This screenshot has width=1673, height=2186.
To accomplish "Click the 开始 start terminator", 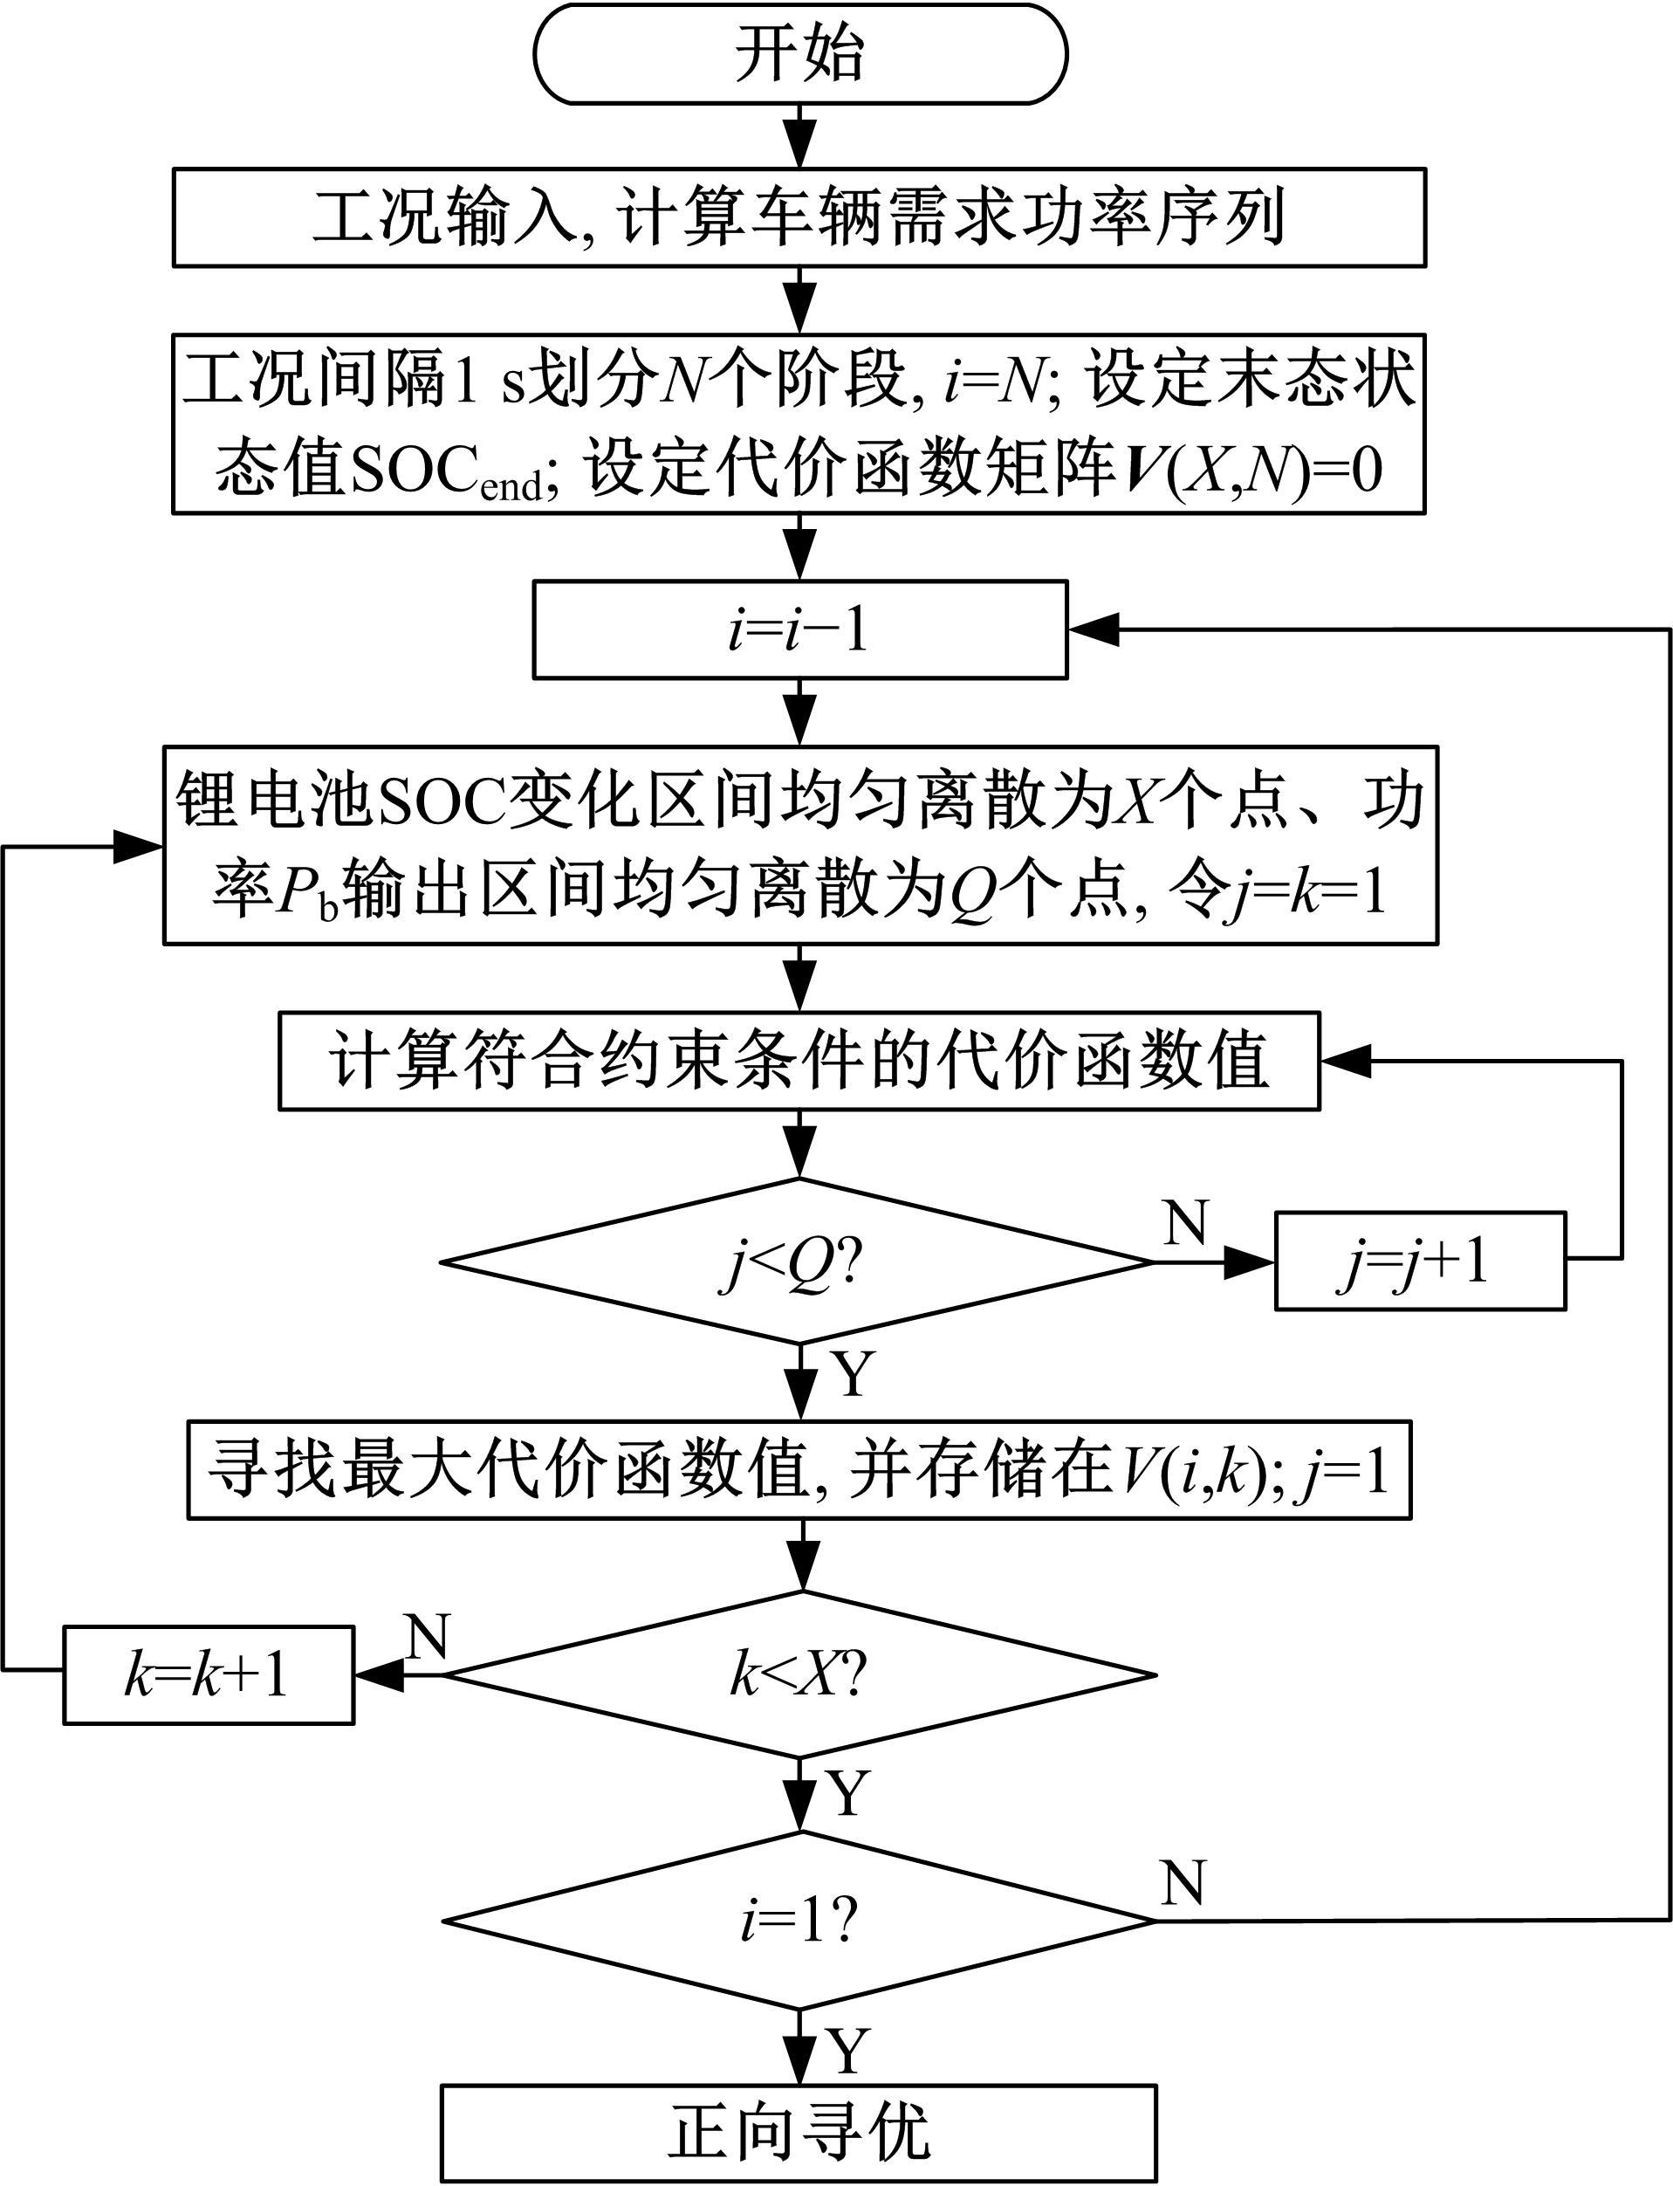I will tap(799, 54).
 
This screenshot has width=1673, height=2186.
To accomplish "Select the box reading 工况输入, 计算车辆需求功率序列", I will tap(799, 217).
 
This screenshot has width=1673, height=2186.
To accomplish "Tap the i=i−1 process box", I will tap(799, 629).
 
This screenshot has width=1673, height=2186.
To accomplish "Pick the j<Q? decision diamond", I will tap(797, 1261).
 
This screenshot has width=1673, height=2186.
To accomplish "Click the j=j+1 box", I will tap(1420, 1261).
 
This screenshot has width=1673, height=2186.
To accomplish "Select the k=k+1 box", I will tap(208, 1675).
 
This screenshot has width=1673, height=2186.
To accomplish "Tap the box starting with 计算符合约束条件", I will tap(799, 1062).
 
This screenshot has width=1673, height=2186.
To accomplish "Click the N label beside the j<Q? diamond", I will tap(1185, 1222).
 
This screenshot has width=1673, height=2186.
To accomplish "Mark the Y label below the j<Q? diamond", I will tap(853, 1373).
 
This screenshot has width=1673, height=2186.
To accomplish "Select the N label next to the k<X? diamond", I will tap(429, 1635).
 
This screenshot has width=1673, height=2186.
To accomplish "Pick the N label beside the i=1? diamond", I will tap(1183, 1882).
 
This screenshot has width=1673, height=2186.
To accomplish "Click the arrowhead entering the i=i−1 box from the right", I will tap(1094, 629).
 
